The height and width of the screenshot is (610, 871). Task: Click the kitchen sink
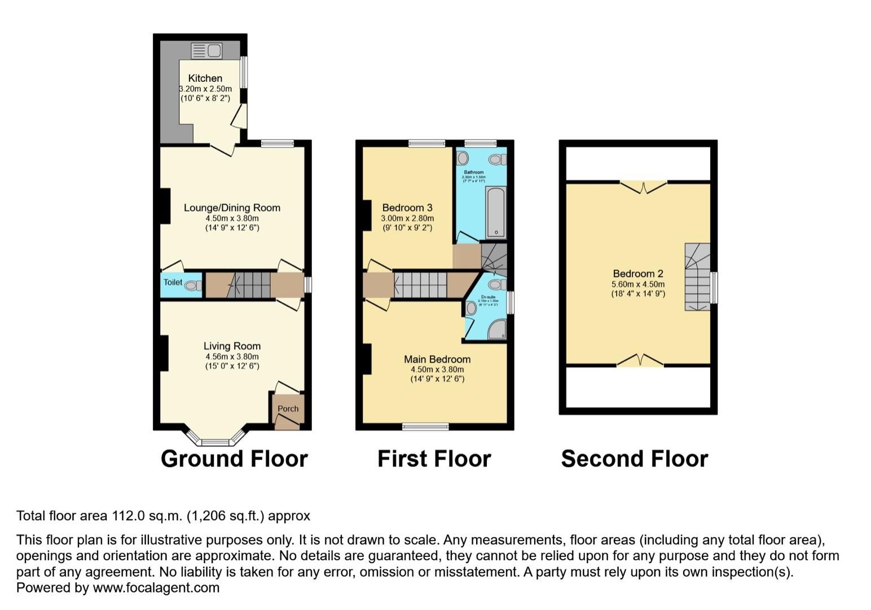(206, 51)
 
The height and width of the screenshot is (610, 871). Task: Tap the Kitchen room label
(205, 79)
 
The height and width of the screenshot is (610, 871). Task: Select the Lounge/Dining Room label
(232, 208)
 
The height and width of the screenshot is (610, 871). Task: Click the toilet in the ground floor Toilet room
(193, 285)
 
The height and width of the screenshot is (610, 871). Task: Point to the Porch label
(288, 409)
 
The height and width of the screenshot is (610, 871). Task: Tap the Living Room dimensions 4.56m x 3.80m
(232, 356)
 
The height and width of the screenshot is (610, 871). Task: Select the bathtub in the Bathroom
(496, 212)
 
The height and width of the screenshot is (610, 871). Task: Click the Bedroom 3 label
(407, 208)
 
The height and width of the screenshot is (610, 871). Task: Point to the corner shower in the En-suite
(497, 329)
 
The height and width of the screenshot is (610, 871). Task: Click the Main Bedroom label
(437, 359)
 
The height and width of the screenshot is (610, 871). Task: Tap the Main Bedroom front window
(425, 426)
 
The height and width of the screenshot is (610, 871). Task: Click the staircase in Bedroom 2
(697, 277)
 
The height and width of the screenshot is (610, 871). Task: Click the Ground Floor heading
(234, 459)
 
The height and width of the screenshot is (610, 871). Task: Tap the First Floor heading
(434, 459)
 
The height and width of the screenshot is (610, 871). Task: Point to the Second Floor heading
(634, 459)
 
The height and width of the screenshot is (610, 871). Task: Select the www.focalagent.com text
(156, 588)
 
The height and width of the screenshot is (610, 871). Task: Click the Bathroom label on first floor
(474, 172)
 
